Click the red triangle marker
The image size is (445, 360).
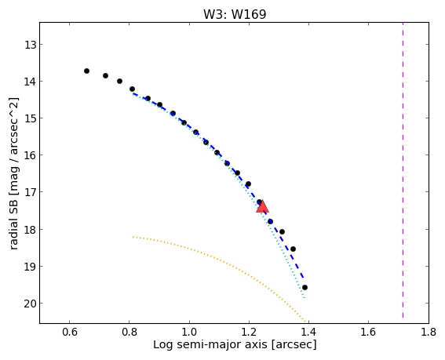click(x=262, y=206)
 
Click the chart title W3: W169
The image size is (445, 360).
click(x=235, y=14)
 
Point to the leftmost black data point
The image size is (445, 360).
click(x=86, y=71)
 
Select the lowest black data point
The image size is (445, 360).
click(x=305, y=287)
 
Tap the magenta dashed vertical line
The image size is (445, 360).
click(x=403, y=170)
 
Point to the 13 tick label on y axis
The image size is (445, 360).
click(x=30, y=45)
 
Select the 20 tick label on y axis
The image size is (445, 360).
click(x=30, y=304)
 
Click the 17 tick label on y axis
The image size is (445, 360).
click(x=30, y=192)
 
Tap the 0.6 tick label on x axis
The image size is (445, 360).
click(x=70, y=332)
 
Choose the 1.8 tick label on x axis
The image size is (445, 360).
click(x=429, y=332)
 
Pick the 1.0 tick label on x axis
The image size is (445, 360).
click(x=189, y=332)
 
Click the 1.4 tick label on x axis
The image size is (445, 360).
click(x=308, y=332)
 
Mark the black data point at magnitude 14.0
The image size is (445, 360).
click(x=119, y=81)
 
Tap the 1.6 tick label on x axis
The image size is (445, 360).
click(x=369, y=332)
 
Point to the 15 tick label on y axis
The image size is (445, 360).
click(x=30, y=118)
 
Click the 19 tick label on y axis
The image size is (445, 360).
click(x=30, y=267)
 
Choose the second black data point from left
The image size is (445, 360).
click(x=105, y=75)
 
